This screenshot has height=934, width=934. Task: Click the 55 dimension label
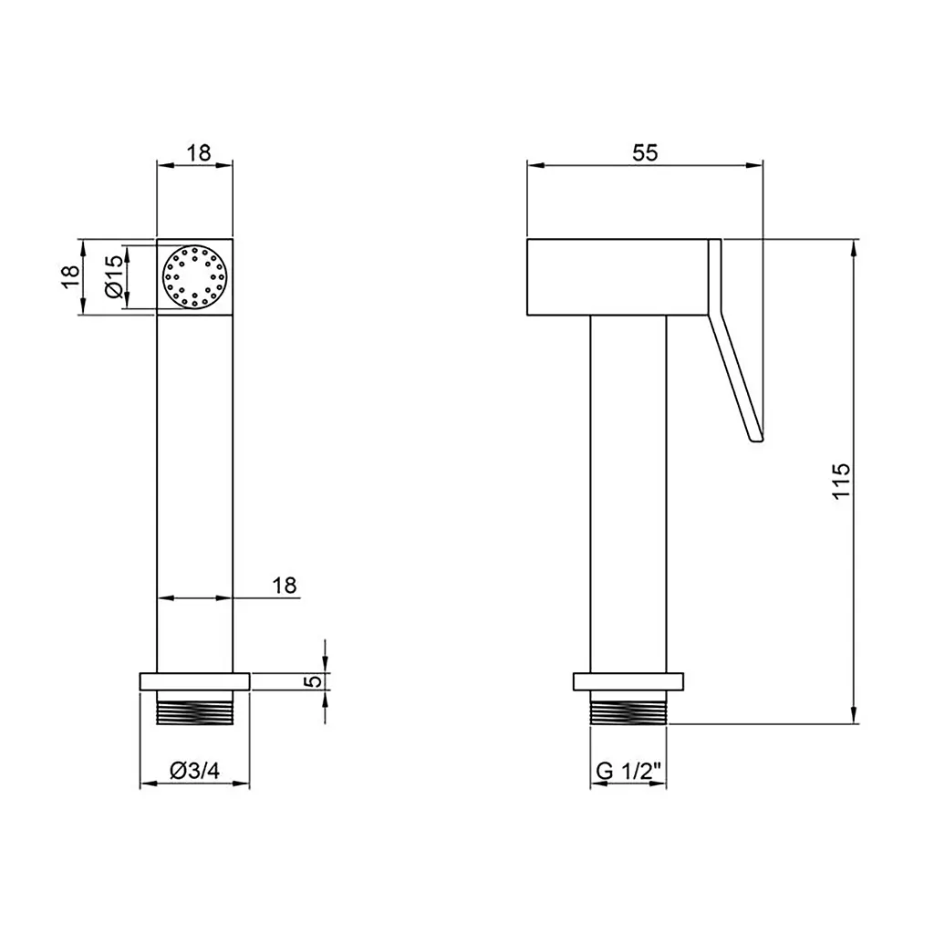pos(645,152)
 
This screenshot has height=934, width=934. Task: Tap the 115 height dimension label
pos(841,481)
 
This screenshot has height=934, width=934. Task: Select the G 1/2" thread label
pos(628,771)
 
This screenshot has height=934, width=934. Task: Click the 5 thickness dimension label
pos(314,680)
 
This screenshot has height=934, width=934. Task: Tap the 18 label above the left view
pos(199,152)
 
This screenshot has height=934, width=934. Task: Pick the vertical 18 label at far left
pos(70,276)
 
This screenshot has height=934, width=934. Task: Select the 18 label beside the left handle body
pos(285,585)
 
